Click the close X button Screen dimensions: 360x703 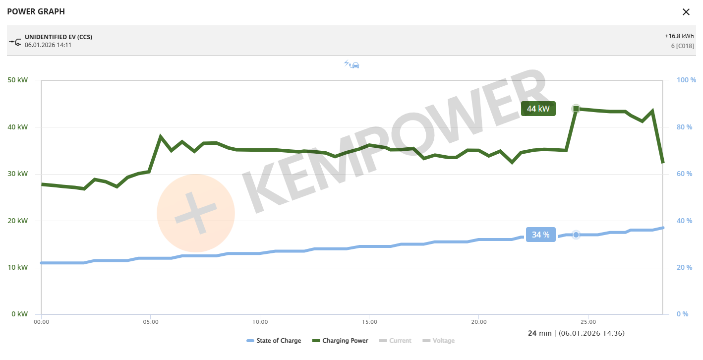686,12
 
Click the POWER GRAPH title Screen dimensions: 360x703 36,11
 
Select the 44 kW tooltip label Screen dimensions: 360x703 538,109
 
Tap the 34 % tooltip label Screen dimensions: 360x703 540,235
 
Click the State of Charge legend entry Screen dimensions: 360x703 274,341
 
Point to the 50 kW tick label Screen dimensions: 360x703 17,80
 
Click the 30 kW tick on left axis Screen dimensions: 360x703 17,174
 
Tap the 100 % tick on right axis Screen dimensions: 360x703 687,80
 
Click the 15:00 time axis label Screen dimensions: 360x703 369,322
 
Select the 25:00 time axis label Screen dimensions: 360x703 588,322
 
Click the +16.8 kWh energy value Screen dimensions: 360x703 679,36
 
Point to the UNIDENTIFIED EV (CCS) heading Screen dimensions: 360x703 59,37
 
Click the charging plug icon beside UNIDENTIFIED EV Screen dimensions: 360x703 15,41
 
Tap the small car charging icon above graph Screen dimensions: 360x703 351,64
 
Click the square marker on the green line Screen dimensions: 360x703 576,109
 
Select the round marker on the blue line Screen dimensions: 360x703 576,235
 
